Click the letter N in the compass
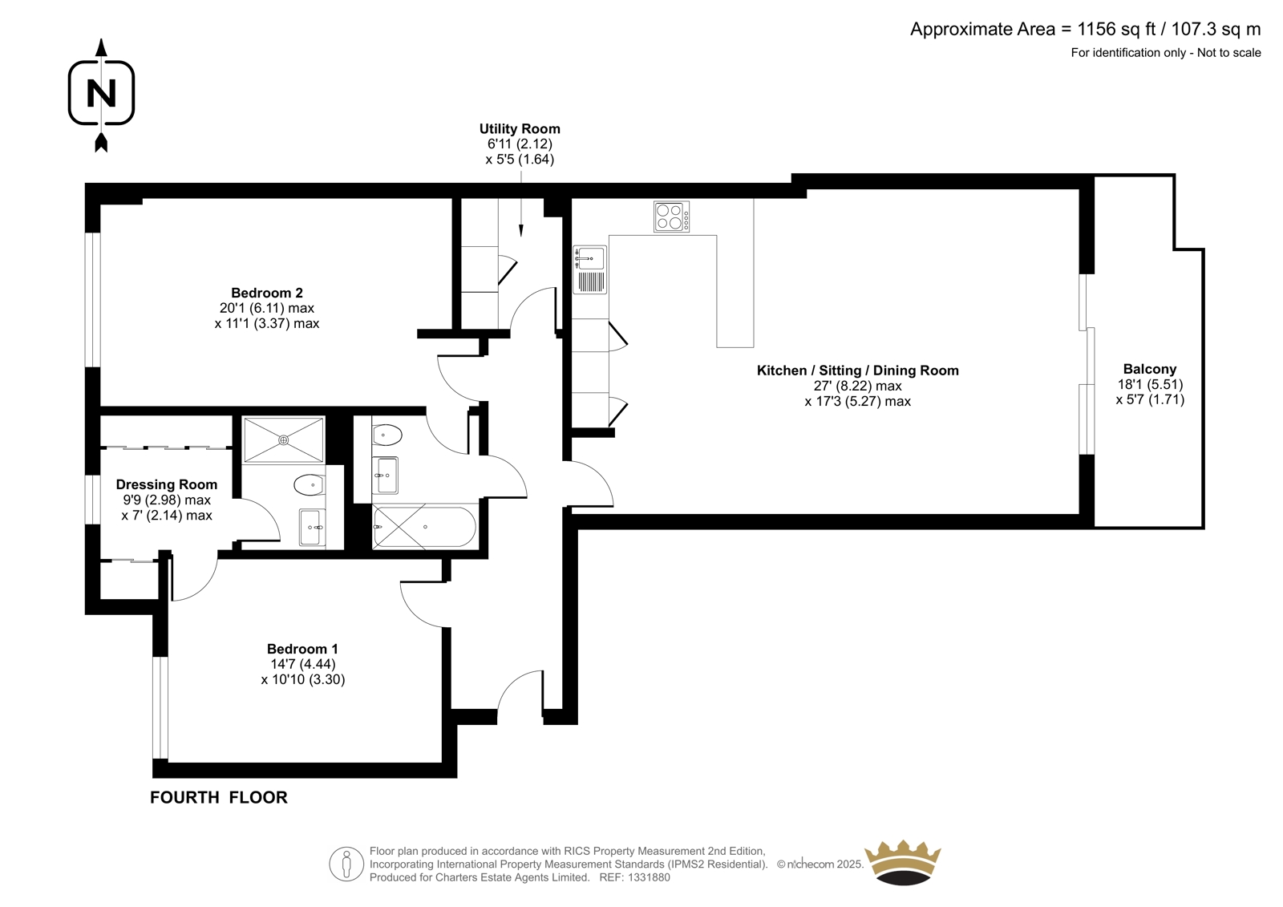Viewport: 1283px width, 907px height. (x=101, y=93)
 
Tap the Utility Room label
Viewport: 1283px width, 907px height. (x=520, y=129)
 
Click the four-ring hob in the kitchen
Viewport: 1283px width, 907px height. (x=671, y=217)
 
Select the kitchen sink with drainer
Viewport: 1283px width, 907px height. (x=589, y=269)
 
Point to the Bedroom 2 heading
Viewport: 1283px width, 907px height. (x=267, y=293)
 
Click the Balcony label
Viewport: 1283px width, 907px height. (x=1150, y=369)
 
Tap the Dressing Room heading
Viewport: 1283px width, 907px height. (x=167, y=484)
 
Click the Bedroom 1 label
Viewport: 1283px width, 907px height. (x=302, y=649)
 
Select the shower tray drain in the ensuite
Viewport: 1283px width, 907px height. (x=284, y=440)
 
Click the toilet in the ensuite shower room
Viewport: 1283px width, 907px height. (x=309, y=485)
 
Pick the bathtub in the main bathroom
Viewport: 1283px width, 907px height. (x=424, y=527)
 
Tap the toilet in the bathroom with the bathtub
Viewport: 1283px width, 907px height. (x=387, y=435)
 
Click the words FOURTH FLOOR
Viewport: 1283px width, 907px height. (x=219, y=798)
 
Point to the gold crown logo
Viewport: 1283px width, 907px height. (x=903, y=863)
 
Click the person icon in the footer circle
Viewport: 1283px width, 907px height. (x=346, y=864)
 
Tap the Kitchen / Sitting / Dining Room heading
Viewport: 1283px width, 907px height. (x=857, y=370)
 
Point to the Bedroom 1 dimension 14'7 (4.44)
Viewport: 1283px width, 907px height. (x=303, y=664)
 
